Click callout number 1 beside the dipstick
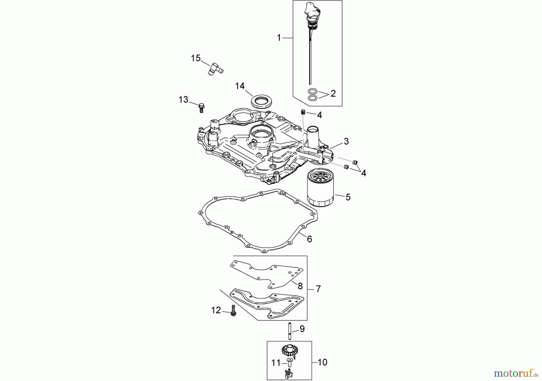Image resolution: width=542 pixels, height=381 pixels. [x=279, y=38]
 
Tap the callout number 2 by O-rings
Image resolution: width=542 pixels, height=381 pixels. [x=333, y=93]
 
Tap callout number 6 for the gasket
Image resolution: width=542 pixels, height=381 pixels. [x=310, y=239]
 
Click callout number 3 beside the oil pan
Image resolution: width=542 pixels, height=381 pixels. [x=346, y=141]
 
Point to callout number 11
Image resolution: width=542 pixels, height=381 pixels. [x=276, y=363]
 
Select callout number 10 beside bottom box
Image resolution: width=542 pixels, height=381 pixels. [x=322, y=362]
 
